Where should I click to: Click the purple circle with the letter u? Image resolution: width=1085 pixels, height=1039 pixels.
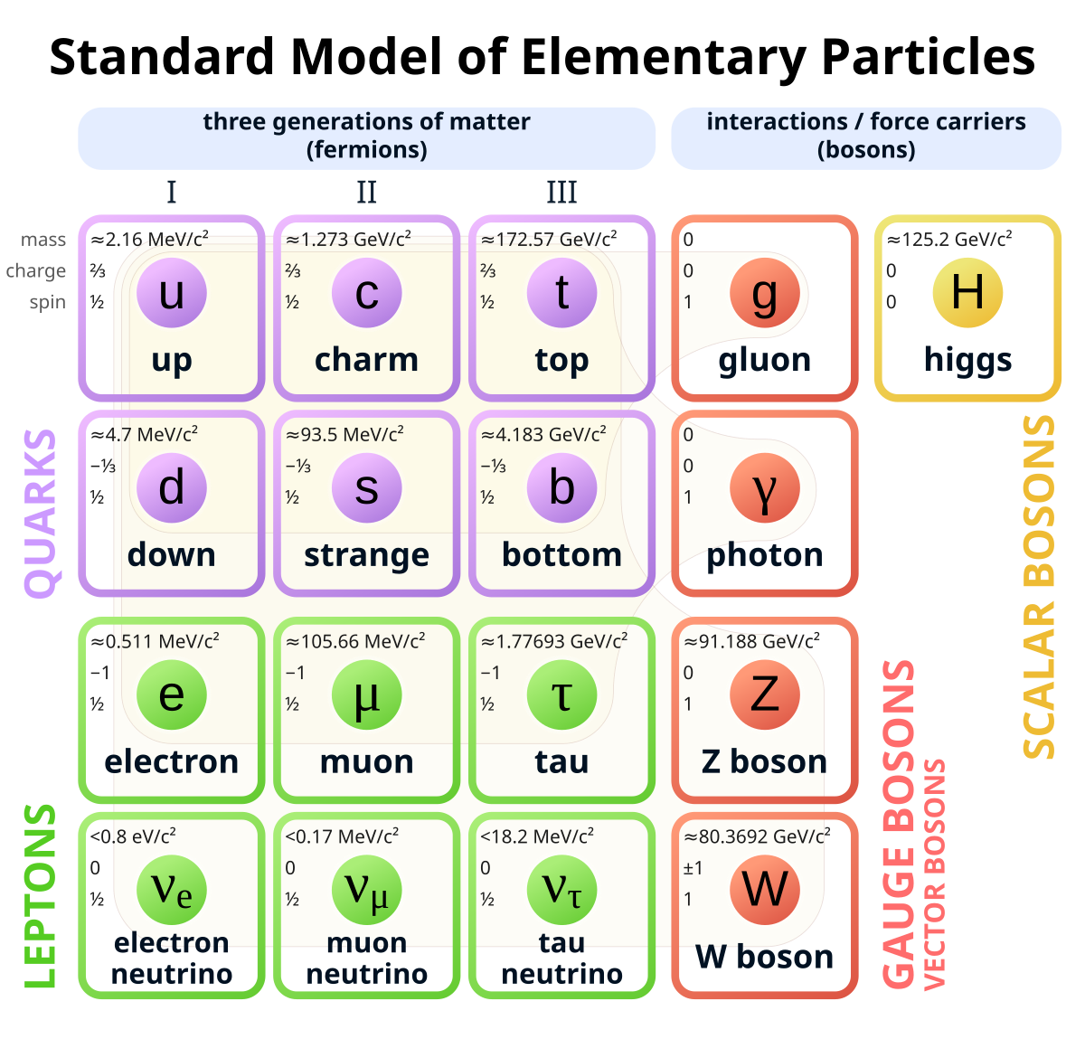[171, 293]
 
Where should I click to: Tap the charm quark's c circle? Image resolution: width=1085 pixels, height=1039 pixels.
[366, 293]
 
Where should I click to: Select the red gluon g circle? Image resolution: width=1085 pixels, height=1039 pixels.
[764, 293]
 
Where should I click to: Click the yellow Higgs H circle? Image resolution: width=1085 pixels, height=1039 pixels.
[967, 293]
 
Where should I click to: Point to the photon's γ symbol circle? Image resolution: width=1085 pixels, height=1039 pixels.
[764, 488]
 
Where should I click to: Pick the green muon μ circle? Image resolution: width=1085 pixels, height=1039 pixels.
[366, 694]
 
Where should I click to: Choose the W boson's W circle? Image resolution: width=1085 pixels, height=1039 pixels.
[764, 890]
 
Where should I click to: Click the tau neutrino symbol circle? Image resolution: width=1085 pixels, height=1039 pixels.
[561, 890]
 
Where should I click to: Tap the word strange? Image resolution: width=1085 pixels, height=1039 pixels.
[366, 554]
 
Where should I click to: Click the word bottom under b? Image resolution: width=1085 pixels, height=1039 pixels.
[561, 554]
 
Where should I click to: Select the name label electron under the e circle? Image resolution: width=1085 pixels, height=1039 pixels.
[172, 761]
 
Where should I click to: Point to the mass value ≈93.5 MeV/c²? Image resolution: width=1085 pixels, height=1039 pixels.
[344, 435]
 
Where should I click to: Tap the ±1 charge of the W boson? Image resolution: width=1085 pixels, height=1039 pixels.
[693, 868]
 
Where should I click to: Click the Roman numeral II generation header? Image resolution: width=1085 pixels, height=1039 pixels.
[366, 192]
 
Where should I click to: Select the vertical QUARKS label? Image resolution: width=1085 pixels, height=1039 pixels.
[41, 513]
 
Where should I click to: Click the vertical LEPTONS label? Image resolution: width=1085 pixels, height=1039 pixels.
[41, 895]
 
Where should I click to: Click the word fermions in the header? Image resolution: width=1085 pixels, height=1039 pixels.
[367, 149]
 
